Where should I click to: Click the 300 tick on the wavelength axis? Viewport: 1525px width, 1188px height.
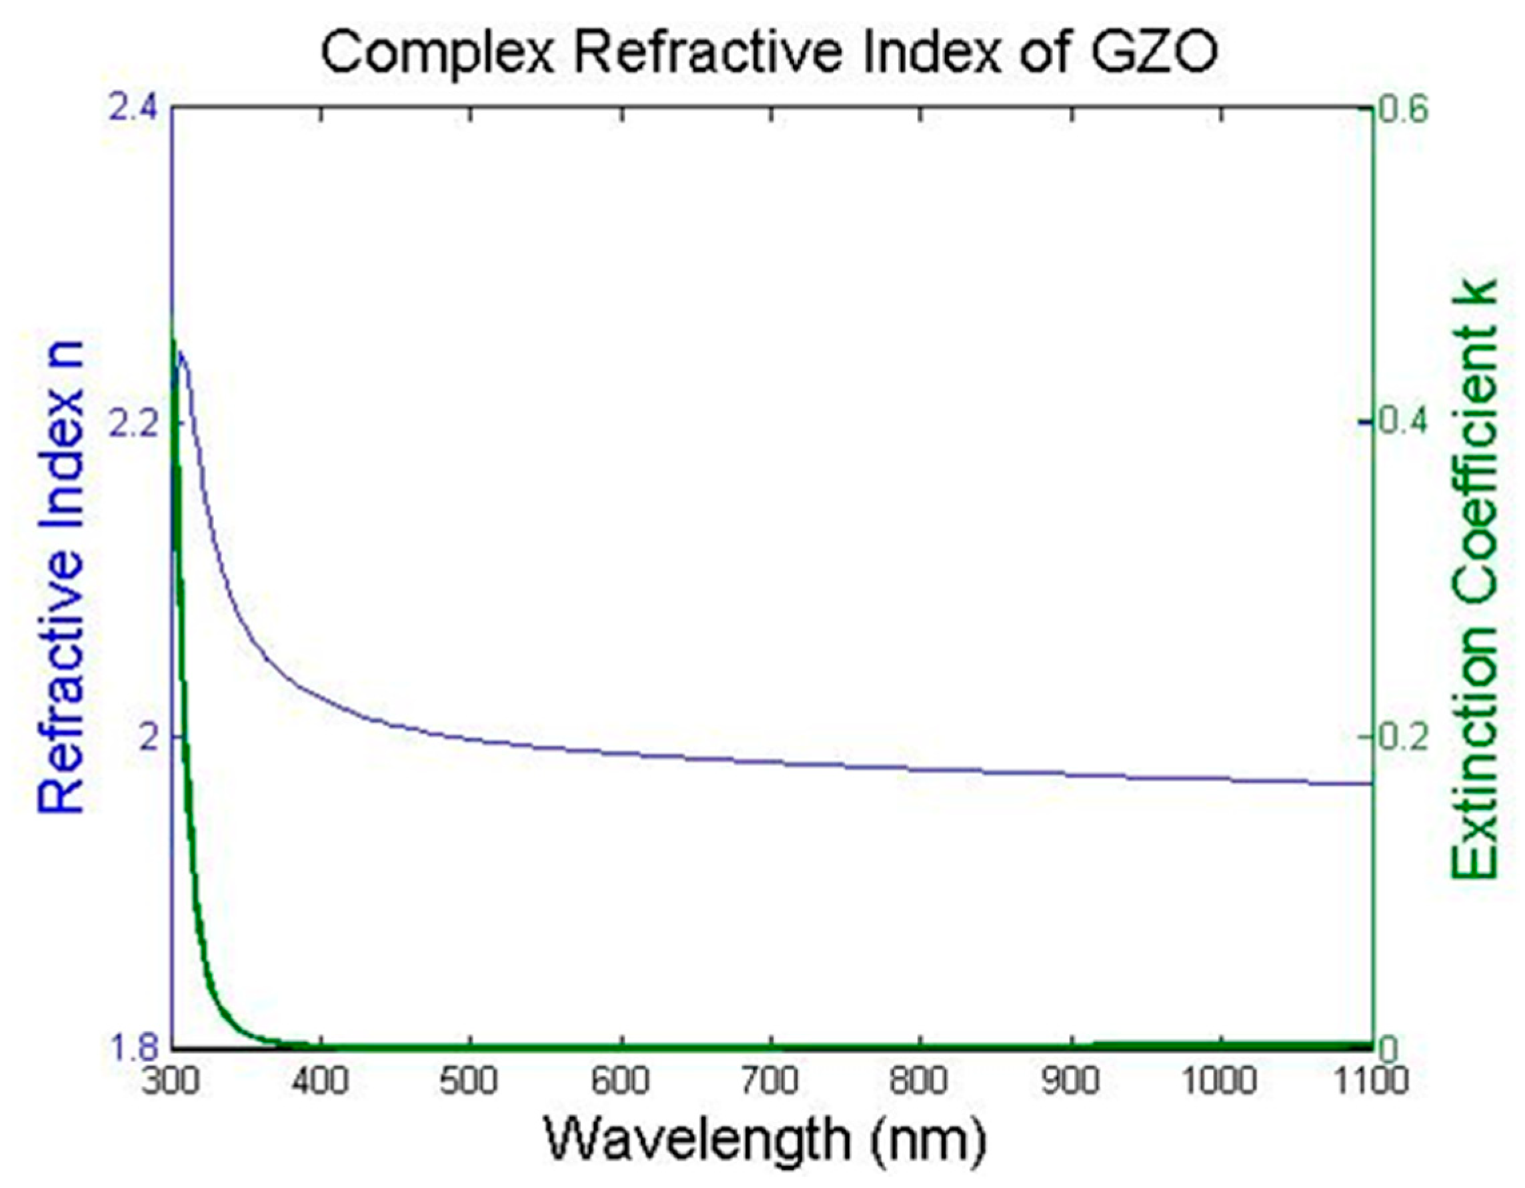(173, 1081)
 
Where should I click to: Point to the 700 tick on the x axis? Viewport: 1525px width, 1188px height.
(771, 1081)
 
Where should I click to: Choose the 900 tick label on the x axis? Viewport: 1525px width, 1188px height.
(1071, 1081)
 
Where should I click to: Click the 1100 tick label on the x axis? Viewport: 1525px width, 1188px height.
(1370, 1081)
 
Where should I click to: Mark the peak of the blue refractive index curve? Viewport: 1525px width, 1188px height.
(181, 353)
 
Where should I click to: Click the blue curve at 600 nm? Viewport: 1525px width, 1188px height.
(621, 753)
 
